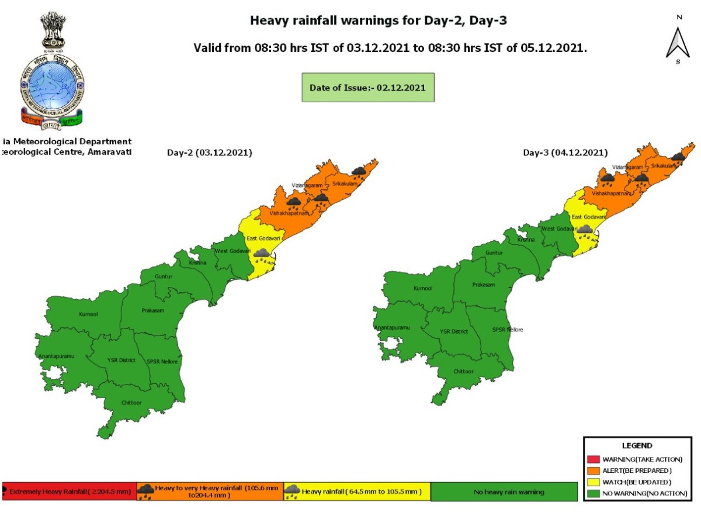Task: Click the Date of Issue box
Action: click(x=367, y=88)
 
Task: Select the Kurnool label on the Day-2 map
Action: click(x=88, y=314)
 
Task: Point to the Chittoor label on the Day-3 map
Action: click(x=464, y=371)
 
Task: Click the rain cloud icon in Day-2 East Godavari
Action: click(x=261, y=254)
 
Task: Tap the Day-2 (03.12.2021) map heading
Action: click(x=210, y=153)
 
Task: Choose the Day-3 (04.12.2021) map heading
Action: click(x=565, y=153)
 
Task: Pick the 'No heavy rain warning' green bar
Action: click(x=504, y=492)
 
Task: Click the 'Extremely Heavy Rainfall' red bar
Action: click(x=70, y=492)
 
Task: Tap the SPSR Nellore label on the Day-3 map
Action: click(x=507, y=330)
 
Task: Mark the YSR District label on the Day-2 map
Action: click(x=122, y=360)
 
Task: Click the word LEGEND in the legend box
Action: click(x=637, y=445)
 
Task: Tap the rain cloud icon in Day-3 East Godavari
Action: click(x=585, y=230)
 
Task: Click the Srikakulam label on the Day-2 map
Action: click(x=345, y=184)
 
